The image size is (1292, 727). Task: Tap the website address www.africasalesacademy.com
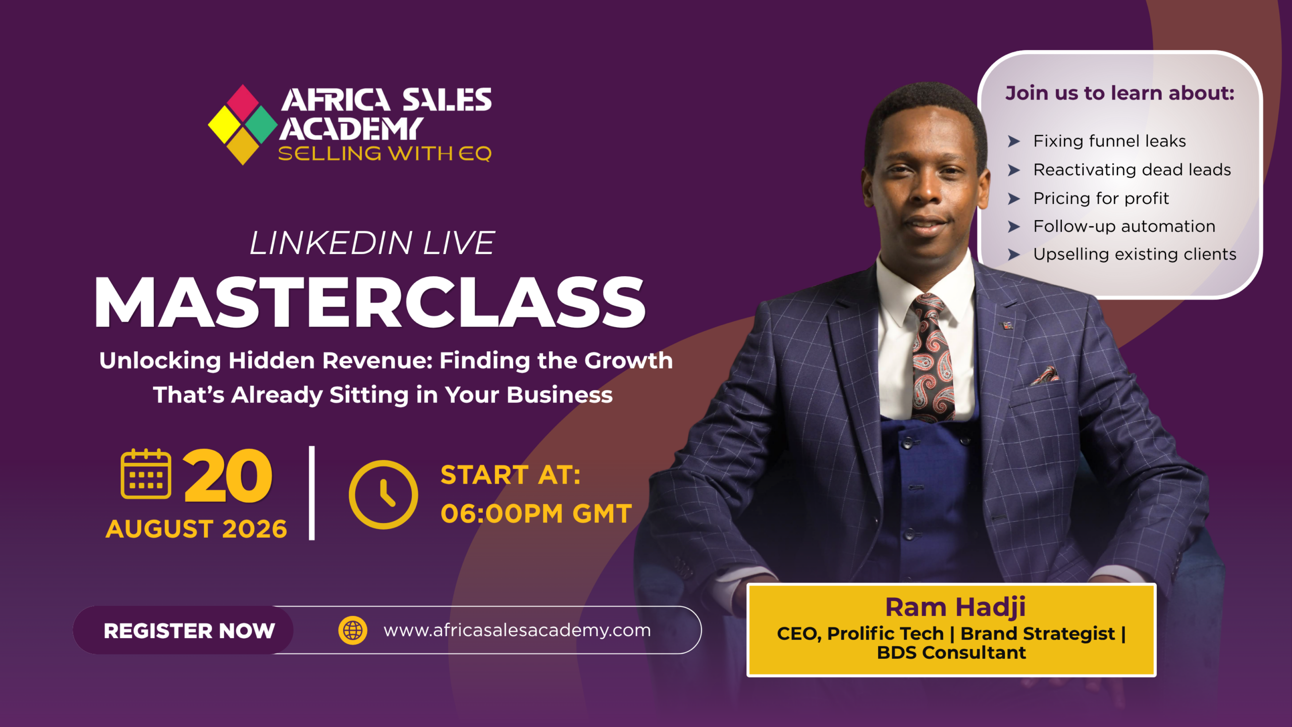[x=517, y=631]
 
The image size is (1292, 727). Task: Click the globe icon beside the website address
[x=353, y=630]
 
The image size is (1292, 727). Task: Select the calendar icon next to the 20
[x=146, y=474]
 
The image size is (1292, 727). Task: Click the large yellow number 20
[x=228, y=476]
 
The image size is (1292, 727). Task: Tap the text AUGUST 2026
[x=196, y=529]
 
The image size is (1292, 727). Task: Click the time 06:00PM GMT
[x=536, y=513]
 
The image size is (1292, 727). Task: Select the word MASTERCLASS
[x=370, y=303]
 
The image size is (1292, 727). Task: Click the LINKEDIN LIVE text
[x=372, y=243]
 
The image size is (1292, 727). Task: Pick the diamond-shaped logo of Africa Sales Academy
[x=243, y=125]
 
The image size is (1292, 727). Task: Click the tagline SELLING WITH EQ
[x=385, y=153]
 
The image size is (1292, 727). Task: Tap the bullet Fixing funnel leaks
[x=1109, y=141]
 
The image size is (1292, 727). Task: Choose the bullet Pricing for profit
[x=1101, y=198]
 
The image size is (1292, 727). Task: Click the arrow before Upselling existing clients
[x=1014, y=254]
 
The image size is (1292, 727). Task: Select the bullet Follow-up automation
[x=1124, y=226]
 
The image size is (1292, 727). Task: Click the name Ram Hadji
[x=955, y=607]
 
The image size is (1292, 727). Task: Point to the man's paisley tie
[x=933, y=358]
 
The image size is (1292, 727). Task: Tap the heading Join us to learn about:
[x=1119, y=93]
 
